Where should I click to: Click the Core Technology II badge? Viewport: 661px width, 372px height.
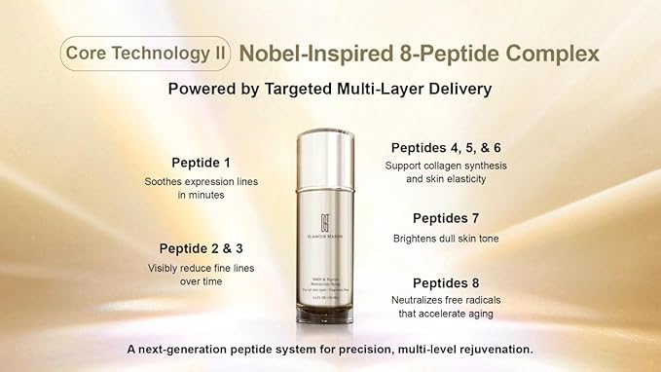coord(146,52)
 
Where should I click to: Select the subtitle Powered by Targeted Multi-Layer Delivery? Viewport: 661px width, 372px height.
coord(330,89)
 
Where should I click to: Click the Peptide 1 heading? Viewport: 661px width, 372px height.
coord(202,162)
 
